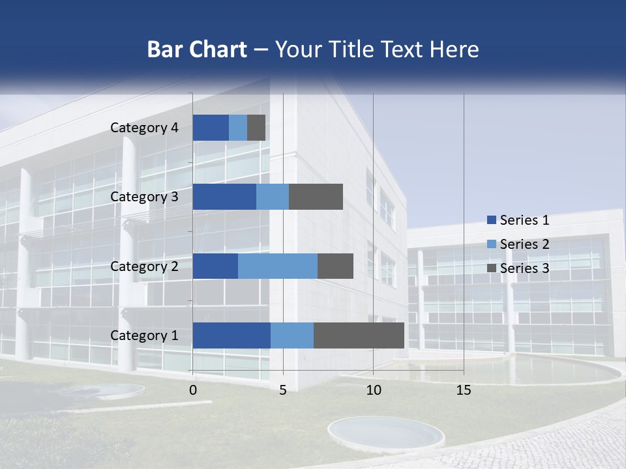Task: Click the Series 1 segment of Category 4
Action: pyautogui.click(x=211, y=128)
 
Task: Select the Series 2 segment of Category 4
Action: pyautogui.click(x=238, y=128)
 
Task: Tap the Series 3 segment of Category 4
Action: pyautogui.click(x=256, y=128)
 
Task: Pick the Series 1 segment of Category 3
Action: pyautogui.click(x=224, y=197)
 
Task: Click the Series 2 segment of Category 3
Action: pyautogui.click(x=273, y=197)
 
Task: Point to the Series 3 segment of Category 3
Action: pyautogui.click(x=316, y=197)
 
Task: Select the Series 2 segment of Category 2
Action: pyautogui.click(x=278, y=266)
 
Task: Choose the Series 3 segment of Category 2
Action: pyautogui.click(x=335, y=266)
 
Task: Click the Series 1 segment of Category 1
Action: pyautogui.click(x=231, y=335)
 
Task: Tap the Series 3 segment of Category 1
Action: pyautogui.click(x=359, y=335)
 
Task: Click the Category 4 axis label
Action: pyautogui.click(x=144, y=128)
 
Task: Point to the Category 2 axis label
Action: pyautogui.click(x=144, y=266)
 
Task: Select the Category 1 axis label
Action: pyautogui.click(x=144, y=335)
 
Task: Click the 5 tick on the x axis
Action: pyautogui.click(x=283, y=390)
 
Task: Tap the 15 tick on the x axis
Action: pyautogui.click(x=464, y=390)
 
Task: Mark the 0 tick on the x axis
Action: pyautogui.click(x=193, y=390)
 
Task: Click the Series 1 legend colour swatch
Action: pyautogui.click(x=491, y=220)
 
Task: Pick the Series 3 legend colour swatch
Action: pyautogui.click(x=491, y=268)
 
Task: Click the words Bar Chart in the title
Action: pyautogui.click(x=197, y=50)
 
